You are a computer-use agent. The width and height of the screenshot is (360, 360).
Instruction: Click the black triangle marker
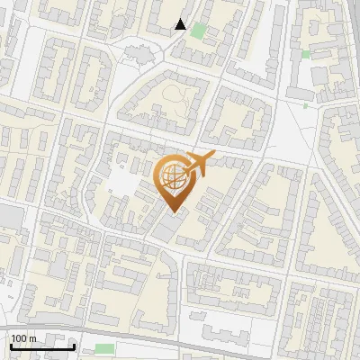[x=181, y=24]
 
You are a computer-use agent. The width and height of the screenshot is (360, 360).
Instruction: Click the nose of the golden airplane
[x=213, y=156]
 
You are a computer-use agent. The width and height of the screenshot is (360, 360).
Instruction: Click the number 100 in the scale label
[x=20, y=338]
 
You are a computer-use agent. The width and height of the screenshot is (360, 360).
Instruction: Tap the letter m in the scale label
[x=33, y=338]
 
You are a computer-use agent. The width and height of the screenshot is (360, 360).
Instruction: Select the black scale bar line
[x=41, y=346]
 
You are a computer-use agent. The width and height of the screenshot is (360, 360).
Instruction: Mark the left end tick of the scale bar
[x=10, y=346]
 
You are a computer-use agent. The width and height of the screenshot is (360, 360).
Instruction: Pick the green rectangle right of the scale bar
[x=104, y=348]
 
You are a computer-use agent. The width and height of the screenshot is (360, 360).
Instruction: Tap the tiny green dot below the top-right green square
[x=305, y=105]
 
